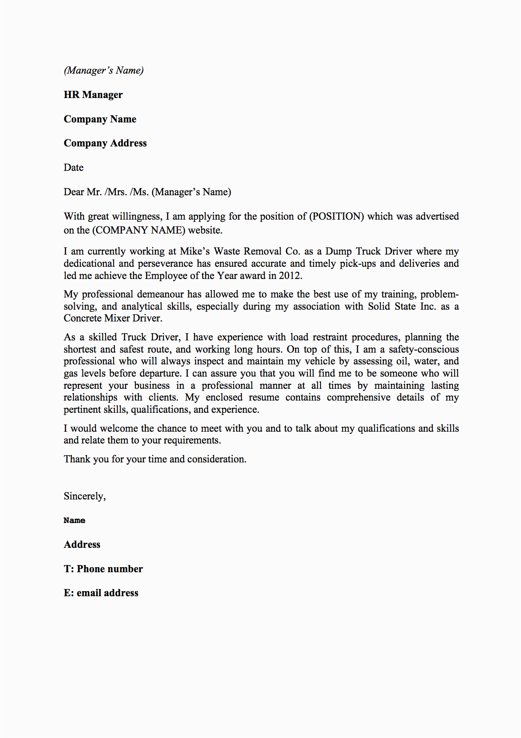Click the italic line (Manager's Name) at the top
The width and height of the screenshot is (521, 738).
coord(103,70)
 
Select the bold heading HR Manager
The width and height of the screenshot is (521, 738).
coord(93,95)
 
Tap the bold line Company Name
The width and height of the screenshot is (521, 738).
coord(100,119)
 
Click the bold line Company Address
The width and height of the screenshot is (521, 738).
coord(105,143)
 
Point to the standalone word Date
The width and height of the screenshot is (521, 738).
coord(74,167)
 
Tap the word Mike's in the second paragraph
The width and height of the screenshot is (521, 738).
coord(195,251)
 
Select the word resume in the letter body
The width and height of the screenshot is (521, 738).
coord(264,397)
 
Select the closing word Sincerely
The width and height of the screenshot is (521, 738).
coord(84,496)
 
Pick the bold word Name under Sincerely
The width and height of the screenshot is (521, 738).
coord(74,520)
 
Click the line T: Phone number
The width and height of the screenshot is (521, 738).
coord(103,569)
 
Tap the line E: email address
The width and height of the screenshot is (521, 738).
coord(101,593)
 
